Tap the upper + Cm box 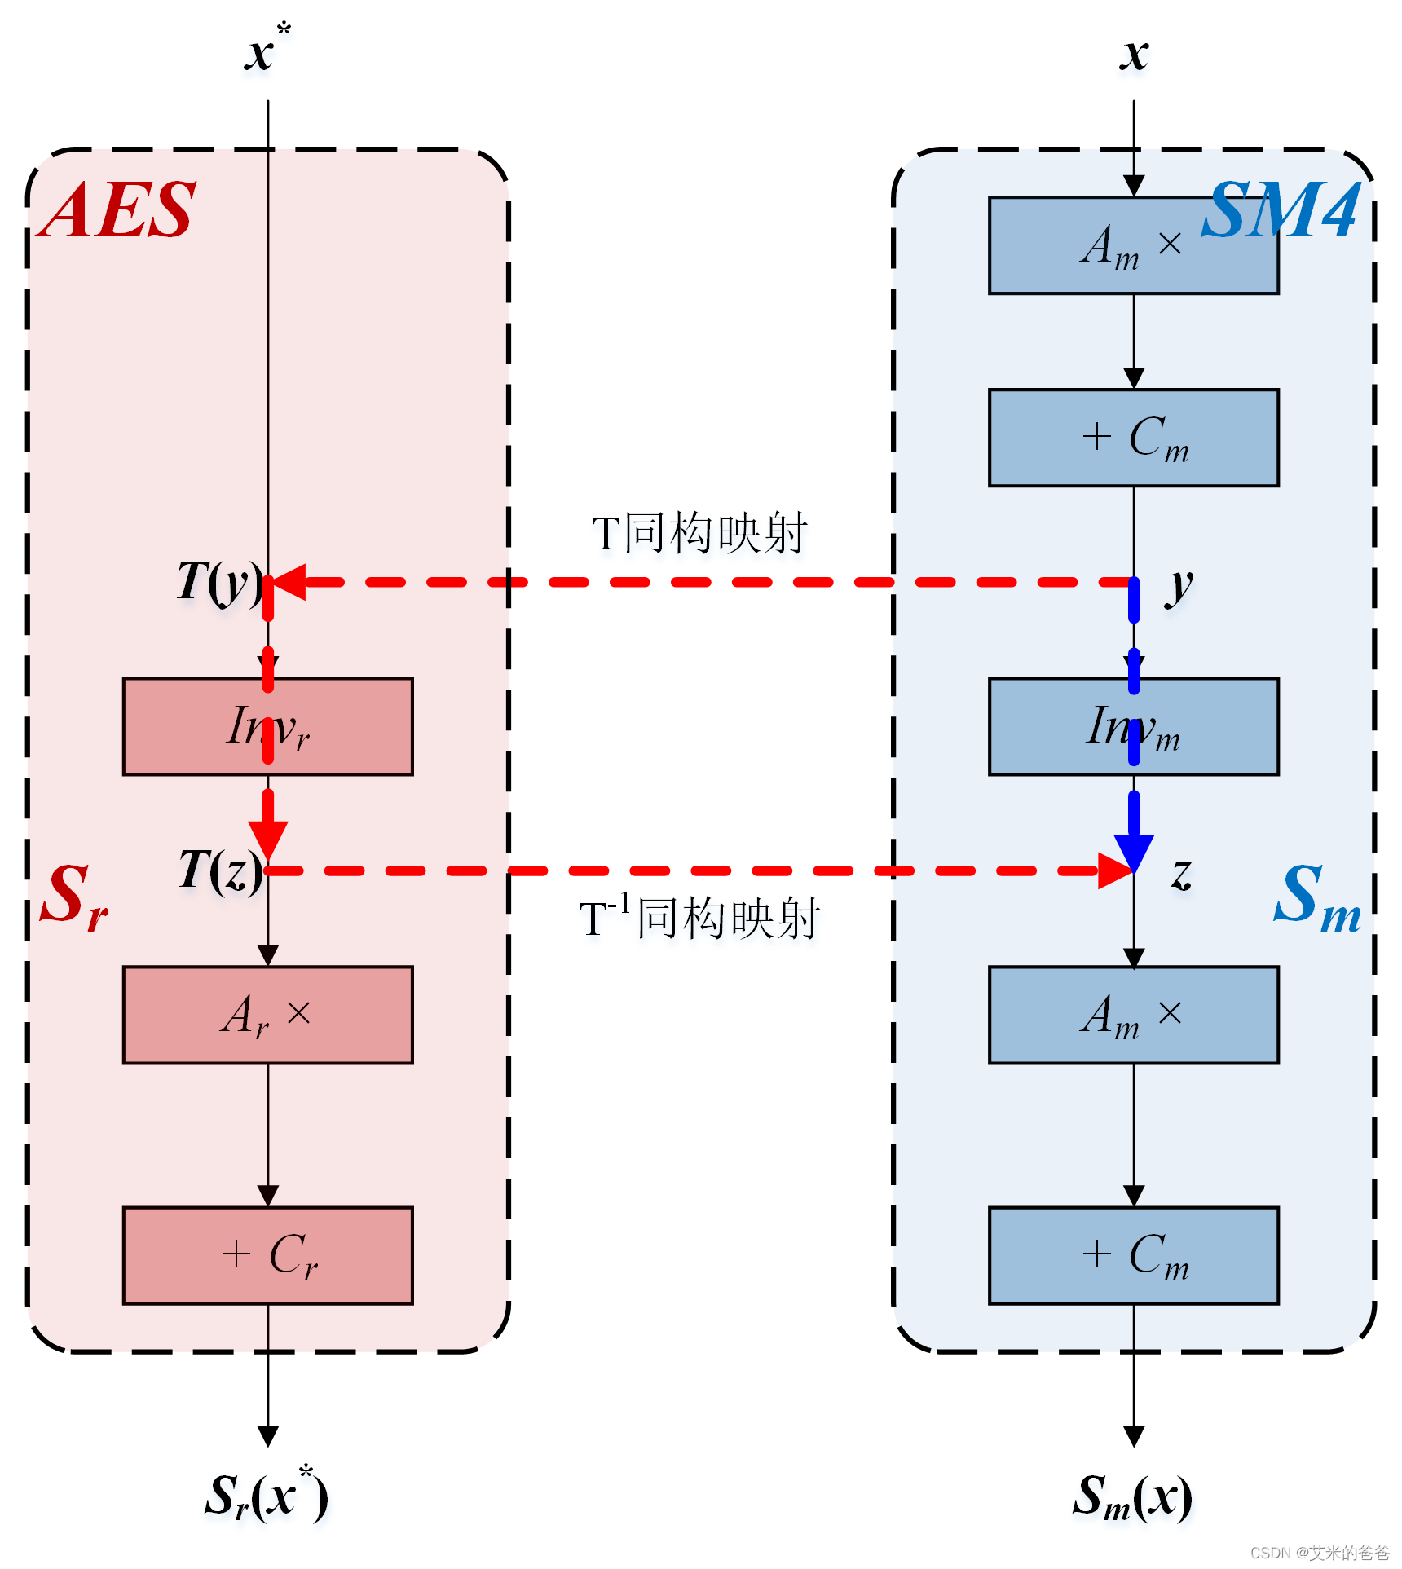1133,438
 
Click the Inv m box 1133,726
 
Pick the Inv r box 267,726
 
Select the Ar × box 267,1015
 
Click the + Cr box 267,1255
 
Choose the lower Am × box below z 1133,1015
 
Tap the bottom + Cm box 1133,1255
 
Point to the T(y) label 218,582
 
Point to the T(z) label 218,870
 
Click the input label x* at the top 266,51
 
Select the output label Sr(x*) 266,1496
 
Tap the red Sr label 73,897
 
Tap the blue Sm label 1316,897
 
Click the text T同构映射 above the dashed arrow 699,534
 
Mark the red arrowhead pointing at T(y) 287,582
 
